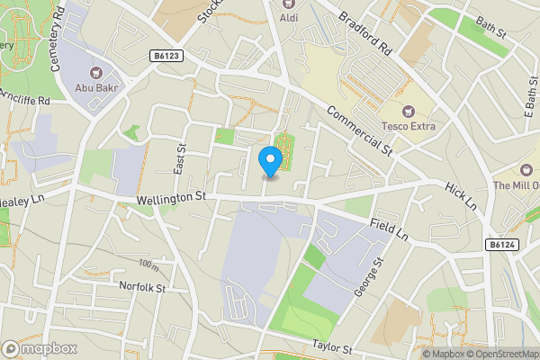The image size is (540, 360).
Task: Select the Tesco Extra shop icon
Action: (408, 112)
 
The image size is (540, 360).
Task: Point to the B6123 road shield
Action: (166, 56)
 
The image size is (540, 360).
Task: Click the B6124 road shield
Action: (502, 244)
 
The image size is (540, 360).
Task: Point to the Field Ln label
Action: (390, 229)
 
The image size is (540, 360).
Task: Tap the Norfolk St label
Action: (142, 288)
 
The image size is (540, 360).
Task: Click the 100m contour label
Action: (148, 263)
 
